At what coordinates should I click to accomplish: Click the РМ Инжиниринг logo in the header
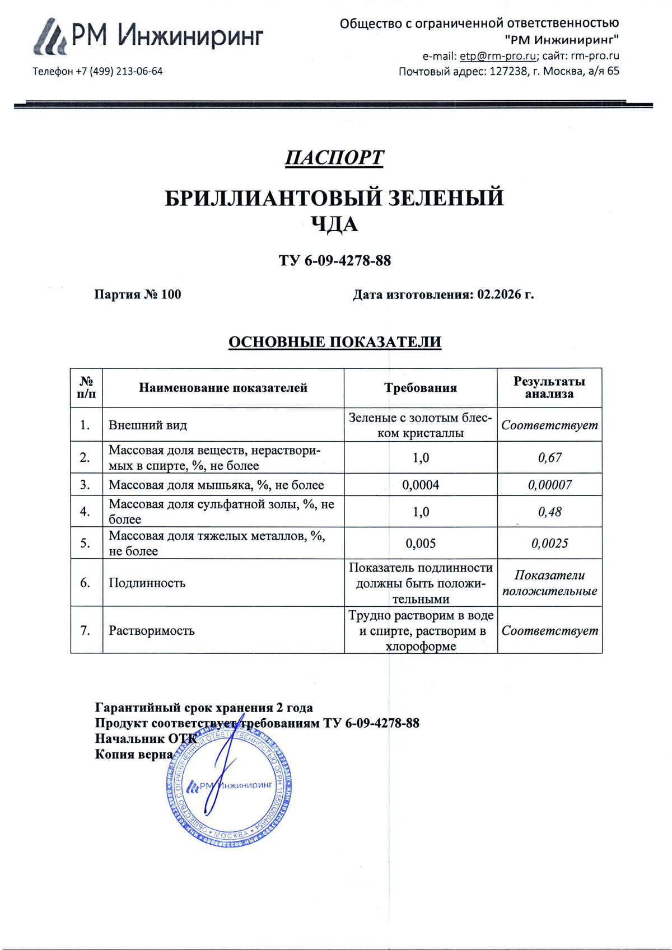pyautogui.click(x=148, y=36)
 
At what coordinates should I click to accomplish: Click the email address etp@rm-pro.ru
pyautogui.click(x=498, y=55)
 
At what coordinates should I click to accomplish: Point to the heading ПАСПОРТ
pyautogui.click(x=334, y=157)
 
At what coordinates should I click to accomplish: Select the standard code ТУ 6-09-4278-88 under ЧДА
pyautogui.click(x=335, y=260)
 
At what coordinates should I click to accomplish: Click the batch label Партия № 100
pyautogui.click(x=137, y=294)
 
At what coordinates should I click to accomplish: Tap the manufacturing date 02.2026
pyautogui.click(x=499, y=294)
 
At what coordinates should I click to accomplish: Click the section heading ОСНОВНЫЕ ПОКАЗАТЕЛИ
pyautogui.click(x=335, y=341)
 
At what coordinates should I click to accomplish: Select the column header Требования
pyautogui.click(x=421, y=387)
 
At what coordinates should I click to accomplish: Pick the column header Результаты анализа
pyautogui.click(x=549, y=387)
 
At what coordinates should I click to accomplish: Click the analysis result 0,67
pyautogui.click(x=549, y=457)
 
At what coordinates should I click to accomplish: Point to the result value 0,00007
pyautogui.click(x=549, y=485)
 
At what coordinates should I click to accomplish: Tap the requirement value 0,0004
pyautogui.click(x=421, y=485)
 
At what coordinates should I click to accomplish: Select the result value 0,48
pyautogui.click(x=549, y=512)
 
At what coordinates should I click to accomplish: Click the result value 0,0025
pyautogui.click(x=549, y=543)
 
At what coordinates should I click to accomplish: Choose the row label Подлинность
pyautogui.click(x=147, y=583)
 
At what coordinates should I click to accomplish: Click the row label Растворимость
pyautogui.click(x=152, y=630)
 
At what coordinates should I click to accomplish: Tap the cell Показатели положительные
pyautogui.click(x=549, y=583)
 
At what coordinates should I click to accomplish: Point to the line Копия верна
pyautogui.click(x=134, y=754)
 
